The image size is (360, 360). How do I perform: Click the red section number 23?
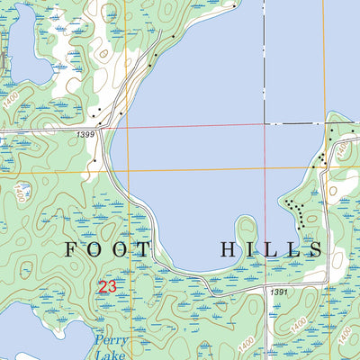coord(108,287)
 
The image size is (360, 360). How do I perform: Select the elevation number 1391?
coord(278,292)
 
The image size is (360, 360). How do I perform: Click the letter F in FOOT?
coord(71,248)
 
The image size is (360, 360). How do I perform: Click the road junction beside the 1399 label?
coord(107,128)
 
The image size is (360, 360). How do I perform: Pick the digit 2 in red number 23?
coord(103,287)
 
